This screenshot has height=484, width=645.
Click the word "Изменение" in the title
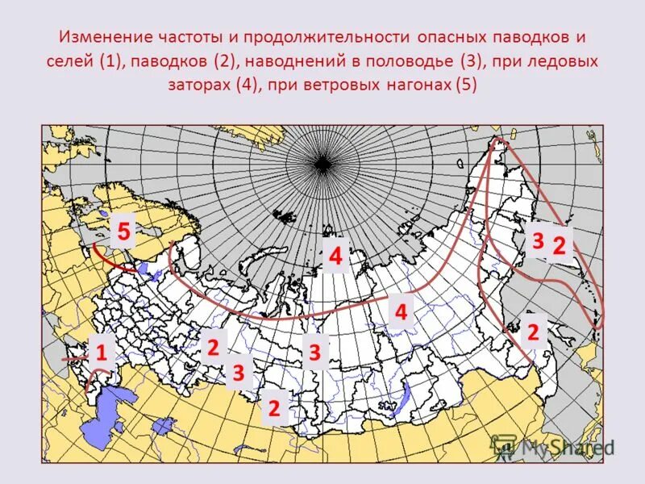tap(102, 37)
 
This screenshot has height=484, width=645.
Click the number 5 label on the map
tap(123, 232)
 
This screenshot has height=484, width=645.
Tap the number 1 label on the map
tap(102, 353)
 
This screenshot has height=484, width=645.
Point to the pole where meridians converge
tap(323, 165)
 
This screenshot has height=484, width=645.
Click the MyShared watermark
tap(556, 446)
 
